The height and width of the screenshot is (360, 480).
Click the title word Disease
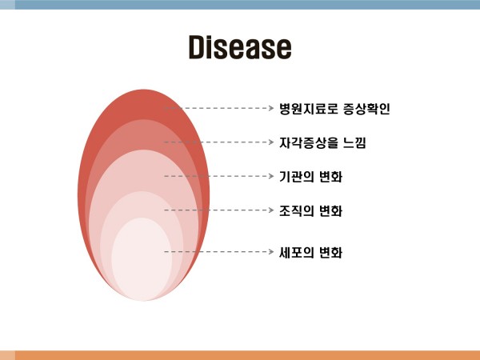[x=240, y=47]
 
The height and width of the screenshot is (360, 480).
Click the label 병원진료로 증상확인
[x=334, y=109]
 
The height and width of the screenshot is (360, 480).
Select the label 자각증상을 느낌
[x=322, y=142]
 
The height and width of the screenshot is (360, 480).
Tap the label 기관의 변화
[x=310, y=177]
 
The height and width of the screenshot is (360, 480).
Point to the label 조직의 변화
[x=310, y=210]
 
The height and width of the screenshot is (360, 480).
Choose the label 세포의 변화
[x=310, y=252]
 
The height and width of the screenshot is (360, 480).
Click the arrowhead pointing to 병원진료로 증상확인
[x=271, y=108]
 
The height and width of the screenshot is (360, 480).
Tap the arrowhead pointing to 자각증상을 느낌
[x=271, y=142]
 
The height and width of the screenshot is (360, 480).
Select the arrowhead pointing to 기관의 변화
[x=271, y=176]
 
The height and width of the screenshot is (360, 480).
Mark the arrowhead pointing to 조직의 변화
[x=271, y=210]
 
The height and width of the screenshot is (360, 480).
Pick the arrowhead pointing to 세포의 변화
[x=271, y=252]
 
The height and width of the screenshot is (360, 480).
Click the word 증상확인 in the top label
[x=366, y=109]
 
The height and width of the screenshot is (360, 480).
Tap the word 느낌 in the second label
[x=354, y=142]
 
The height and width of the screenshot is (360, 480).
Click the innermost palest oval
[x=142, y=259]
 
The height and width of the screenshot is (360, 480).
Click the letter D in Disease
[x=196, y=47]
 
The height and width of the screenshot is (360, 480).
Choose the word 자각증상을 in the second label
[x=309, y=142]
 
